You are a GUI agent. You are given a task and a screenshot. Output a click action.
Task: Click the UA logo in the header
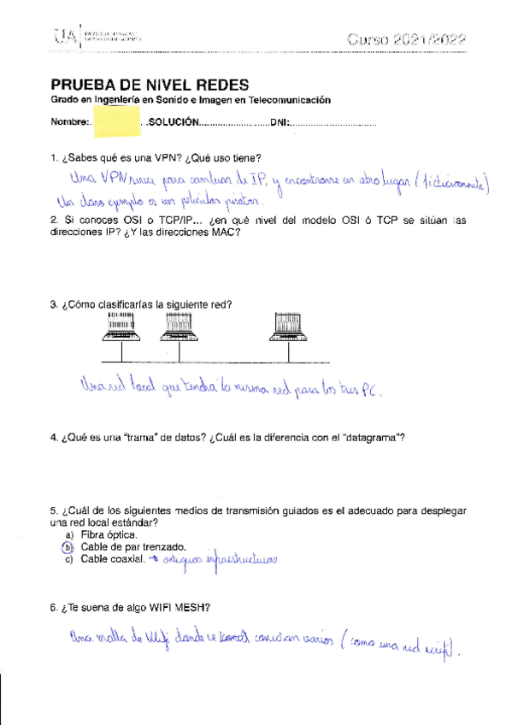(65, 35)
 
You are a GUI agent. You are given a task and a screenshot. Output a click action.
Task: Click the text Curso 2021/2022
(407, 38)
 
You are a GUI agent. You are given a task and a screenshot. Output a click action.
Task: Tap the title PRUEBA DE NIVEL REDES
(150, 85)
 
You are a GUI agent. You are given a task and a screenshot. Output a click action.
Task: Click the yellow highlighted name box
(115, 122)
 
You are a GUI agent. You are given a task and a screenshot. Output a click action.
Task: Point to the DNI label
(280, 123)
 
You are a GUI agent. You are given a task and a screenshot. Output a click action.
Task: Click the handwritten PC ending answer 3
(366, 390)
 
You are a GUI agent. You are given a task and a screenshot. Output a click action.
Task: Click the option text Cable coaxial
(113, 560)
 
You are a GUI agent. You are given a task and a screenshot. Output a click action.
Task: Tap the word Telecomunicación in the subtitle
(287, 100)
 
